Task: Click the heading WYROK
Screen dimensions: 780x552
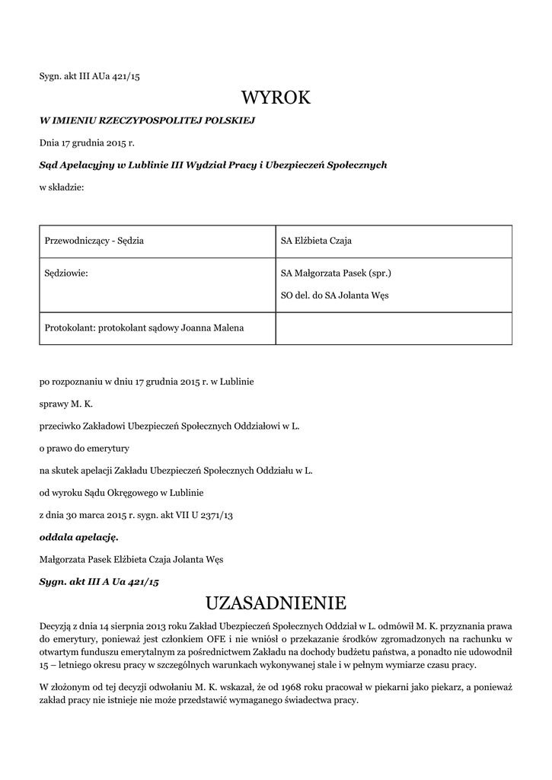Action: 276,97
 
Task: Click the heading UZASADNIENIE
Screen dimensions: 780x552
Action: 276,603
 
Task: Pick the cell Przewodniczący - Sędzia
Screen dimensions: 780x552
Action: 94,241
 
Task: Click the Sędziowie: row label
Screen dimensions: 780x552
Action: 67,272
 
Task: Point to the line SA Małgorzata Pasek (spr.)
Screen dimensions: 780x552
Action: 336,272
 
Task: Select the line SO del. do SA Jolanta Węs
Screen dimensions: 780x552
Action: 334,295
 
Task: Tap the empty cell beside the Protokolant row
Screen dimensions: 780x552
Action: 393,328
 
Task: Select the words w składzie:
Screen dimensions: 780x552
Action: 62,187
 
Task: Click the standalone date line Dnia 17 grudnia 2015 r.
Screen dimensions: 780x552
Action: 86,142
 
